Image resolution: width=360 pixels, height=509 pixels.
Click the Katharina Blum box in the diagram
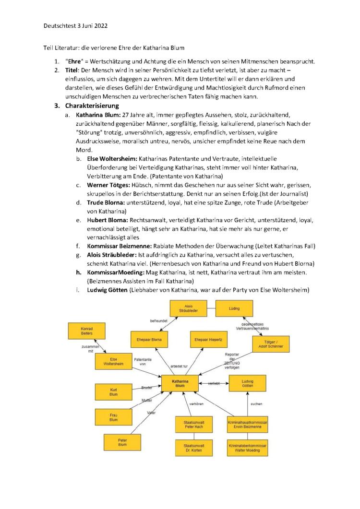(180, 384)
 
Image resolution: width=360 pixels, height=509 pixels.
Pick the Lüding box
(234, 308)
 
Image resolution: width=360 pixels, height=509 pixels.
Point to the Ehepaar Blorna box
(149, 340)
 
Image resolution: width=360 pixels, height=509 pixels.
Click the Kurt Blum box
(114, 391)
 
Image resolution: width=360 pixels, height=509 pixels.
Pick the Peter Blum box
(122, 441)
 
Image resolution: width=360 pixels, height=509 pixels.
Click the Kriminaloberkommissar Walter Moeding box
(247, 448)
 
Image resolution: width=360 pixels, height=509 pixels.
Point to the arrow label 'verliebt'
(214, 383)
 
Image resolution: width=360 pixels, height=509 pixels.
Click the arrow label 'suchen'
(256, 404)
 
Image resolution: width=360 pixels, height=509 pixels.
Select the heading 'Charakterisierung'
(88, 106)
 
